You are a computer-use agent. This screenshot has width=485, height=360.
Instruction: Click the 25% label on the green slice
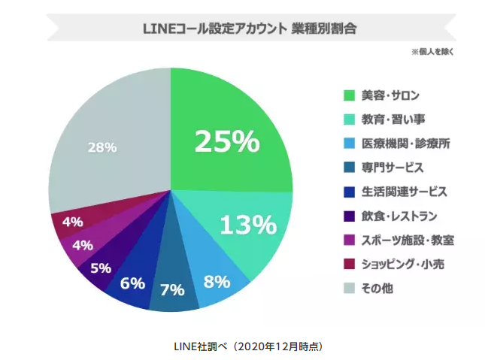pos(226,141)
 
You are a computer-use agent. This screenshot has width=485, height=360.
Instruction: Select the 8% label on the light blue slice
pos(217,282)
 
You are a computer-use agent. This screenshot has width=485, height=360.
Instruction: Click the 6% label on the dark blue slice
pos(132,283)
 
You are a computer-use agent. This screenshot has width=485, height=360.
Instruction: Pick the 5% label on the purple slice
pos(100,268)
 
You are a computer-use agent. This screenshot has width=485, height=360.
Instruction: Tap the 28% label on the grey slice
pos(102,147)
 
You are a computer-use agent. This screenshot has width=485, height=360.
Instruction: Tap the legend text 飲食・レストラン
pos(399,216)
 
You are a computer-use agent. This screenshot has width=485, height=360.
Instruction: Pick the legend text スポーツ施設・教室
pos(407,241)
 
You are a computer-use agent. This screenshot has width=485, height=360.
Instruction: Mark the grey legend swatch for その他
pos(349,289)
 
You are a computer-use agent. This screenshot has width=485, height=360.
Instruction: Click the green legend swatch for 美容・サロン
pos(349,95)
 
